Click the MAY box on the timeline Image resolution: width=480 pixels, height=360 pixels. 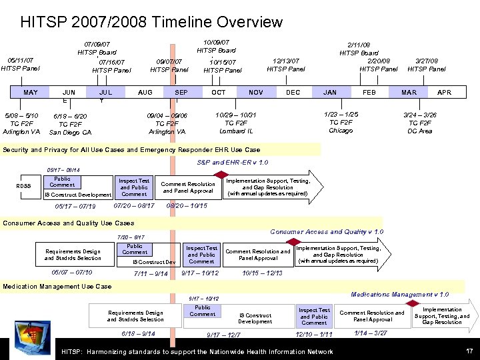click(31, 93)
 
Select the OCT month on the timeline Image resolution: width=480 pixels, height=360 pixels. click(218, 93)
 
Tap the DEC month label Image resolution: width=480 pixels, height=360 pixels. click(293, 93)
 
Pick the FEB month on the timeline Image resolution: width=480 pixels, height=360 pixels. click(369, 93)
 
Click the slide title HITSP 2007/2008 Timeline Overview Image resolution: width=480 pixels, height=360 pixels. click(151, 22)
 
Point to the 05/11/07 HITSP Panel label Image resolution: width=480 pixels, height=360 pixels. click(20, 63)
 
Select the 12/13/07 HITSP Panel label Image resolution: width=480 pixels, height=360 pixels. click(286, 65)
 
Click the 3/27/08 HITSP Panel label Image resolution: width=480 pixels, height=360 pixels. click(427, 65)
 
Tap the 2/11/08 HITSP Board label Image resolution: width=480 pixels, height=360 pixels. click(359, 49)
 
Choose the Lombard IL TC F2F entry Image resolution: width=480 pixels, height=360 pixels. click(236, 123)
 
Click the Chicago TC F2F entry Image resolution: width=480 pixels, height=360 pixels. click(341, 122)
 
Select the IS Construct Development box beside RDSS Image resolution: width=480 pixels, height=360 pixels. click(77, 195)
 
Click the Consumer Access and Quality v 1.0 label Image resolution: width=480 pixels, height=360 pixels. click(326, 232)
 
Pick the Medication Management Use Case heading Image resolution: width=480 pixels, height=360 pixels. click(57, 287)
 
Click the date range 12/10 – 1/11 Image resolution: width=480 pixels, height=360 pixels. click(314, 334)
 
